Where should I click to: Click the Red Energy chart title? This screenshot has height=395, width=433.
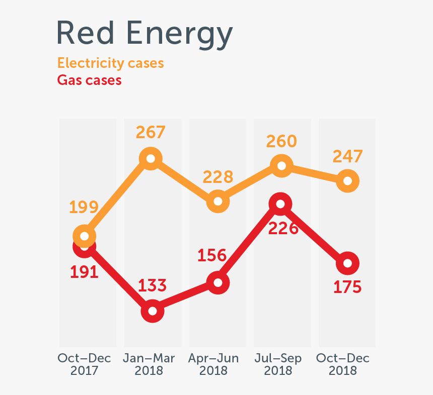pos(145,34)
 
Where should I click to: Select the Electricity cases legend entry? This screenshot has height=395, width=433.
pos(110,63)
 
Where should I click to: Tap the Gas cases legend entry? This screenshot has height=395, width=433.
pos(89,80)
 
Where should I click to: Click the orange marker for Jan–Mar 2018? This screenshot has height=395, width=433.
pos(151,159)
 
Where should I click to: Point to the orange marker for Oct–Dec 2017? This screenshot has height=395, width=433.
pos(85,236)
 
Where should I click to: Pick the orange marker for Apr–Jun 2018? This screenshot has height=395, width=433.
pos(218,201)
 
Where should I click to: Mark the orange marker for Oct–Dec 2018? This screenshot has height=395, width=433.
pos(347,180)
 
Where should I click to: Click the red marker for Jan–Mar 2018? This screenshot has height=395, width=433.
pos(153,311)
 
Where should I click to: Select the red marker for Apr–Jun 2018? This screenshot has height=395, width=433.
pos(218,282)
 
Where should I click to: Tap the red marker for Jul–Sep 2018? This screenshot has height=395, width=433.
pos(281,204)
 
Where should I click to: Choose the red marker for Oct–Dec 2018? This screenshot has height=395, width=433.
pos(347,263)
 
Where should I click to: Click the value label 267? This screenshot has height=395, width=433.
pos(151,132)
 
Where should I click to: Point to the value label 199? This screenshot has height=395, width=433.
pos(84,208)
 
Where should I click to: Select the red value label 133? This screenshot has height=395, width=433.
pos(152,285)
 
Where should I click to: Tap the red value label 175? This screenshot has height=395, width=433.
pos(347,287)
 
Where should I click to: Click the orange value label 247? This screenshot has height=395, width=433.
pos(347,156)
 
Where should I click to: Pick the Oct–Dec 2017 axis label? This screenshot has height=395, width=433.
pos(85,364)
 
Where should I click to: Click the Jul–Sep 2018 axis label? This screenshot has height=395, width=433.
pos(278,364)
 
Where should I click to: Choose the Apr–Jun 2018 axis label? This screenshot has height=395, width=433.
pos(213,364)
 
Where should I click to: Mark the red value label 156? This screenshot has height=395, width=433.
pos(211,255)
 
